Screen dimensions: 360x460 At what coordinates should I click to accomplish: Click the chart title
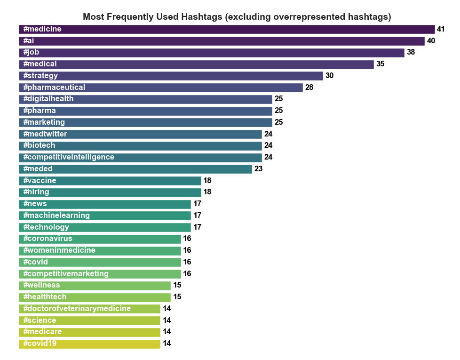pos(237,17)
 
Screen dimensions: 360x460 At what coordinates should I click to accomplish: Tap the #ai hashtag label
pos(29,41)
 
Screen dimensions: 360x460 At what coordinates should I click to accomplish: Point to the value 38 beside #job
pos(411,52)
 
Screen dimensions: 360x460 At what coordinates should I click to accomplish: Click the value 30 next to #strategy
pos(329,76)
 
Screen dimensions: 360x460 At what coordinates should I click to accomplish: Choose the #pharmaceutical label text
pos(54,88)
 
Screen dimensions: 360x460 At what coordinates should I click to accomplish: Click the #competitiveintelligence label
pos(69,157)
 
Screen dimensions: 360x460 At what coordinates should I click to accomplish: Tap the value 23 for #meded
pos(258,169)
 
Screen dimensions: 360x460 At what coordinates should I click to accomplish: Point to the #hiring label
pos(36,192)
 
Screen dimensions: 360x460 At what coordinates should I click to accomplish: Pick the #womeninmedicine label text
pos(59,250)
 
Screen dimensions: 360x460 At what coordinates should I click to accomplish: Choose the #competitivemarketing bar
pos(141,273)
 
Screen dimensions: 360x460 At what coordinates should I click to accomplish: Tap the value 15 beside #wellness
pos(177,285)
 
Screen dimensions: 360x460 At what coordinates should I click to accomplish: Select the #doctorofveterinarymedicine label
pos(77,309)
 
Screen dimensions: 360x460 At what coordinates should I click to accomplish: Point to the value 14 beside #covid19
pos(167,344)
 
